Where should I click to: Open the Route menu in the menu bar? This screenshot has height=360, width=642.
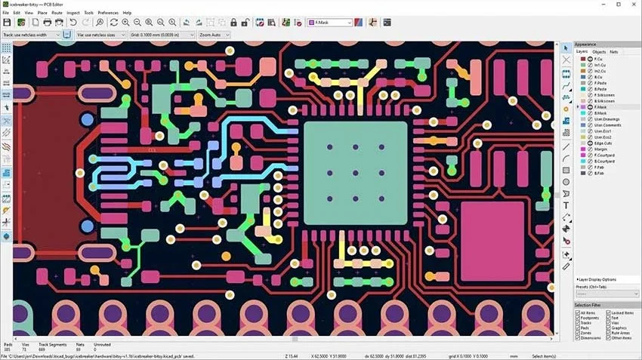57,13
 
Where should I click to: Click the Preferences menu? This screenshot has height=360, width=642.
108,13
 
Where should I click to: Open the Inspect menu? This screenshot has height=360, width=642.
73,13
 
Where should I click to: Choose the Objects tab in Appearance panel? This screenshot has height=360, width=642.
598,51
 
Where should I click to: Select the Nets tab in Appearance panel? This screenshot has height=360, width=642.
614,51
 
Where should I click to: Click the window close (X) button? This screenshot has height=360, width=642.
631,4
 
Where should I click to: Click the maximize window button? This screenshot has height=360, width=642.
611,4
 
